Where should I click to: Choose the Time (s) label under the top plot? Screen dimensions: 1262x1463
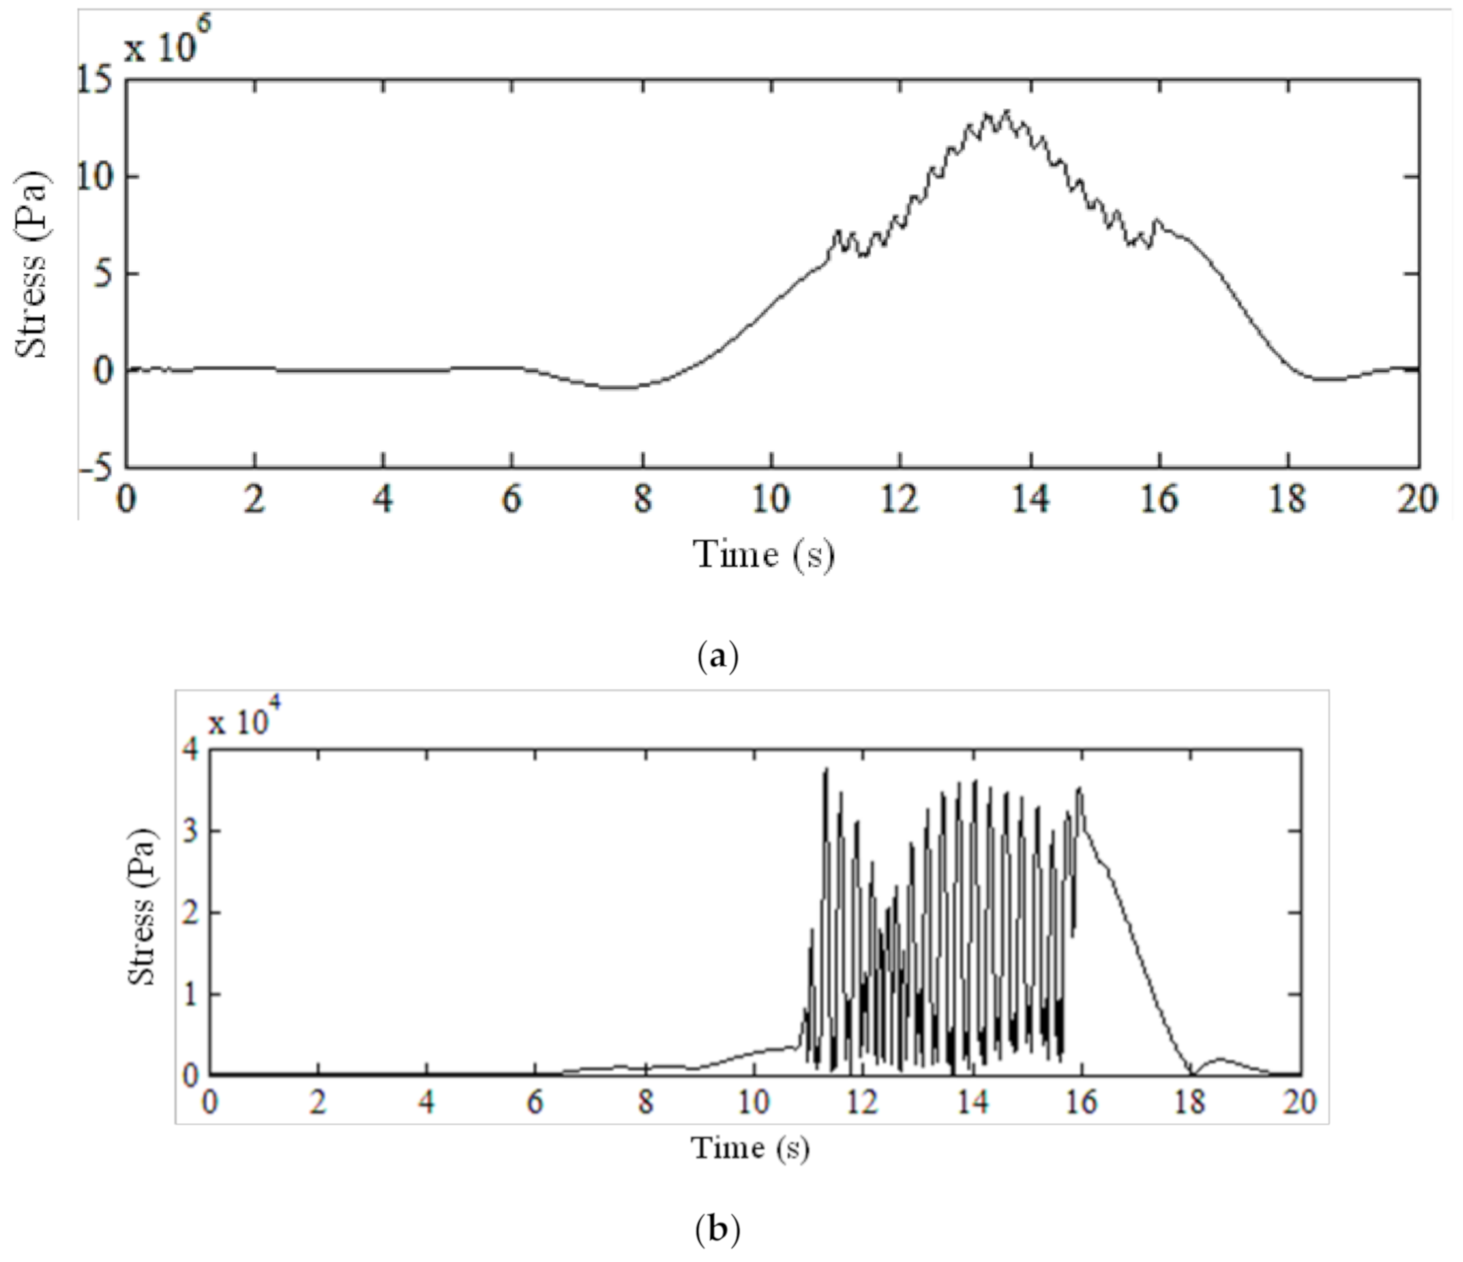coord(764,555)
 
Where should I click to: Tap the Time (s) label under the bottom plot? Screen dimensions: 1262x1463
coord(751,1147)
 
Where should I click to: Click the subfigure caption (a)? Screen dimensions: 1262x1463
coord(719,657)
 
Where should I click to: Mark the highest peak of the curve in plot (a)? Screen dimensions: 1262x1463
coord(1007,111)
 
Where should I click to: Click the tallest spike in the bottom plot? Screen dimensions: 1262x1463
coord(825,770)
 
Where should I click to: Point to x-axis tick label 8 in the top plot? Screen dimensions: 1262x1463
coord(642,501)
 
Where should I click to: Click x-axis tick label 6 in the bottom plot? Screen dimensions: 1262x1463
coord(536,1103)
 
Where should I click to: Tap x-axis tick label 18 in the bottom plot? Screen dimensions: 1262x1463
coord(1190,1103)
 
